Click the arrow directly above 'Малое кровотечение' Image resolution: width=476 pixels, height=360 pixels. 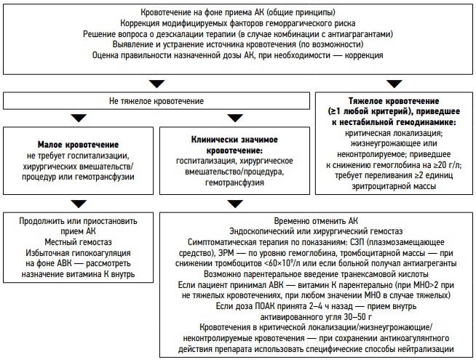(x=79, y=118)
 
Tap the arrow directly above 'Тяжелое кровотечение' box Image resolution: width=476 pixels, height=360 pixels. (x=392, y=81)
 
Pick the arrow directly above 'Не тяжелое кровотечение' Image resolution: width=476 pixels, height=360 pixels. (x=156, y=81)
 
